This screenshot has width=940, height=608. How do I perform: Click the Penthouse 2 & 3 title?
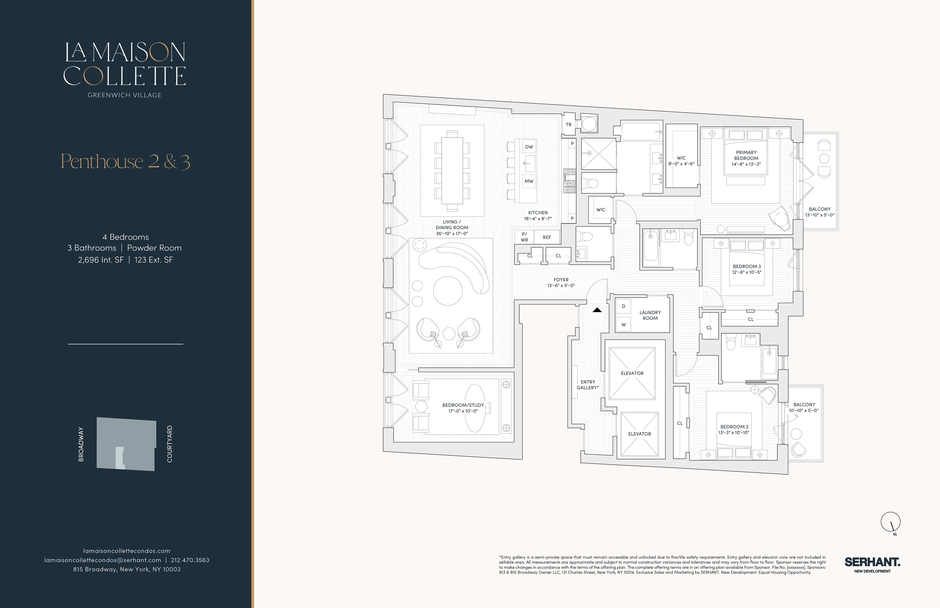click(125, 161)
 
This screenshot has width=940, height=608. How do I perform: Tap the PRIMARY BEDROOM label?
click(746, 155)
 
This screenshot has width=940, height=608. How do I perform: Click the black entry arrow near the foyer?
click(597, 310)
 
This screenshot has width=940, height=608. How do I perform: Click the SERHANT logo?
click(872, 562)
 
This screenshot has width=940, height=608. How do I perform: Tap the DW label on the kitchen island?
click(529, 147)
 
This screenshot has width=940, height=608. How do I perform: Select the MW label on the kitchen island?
click(529, 181)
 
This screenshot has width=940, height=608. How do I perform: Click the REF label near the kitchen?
click(547, 237)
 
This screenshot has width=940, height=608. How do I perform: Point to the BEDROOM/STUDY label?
click(463, 405)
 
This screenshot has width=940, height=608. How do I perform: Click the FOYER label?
click(561, 279)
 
